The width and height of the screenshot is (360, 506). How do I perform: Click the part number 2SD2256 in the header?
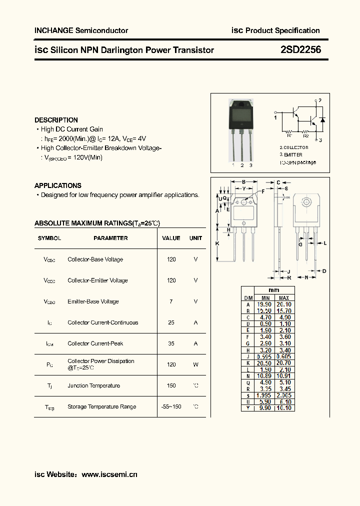pyautogui.click(x=300, y=49)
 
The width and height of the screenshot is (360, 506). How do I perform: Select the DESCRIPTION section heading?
pyautogui.click(x=56, y=120)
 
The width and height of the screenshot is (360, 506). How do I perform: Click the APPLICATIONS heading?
pyautogui.click(x=58, y=185)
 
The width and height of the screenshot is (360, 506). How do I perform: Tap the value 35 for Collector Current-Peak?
pyautogui.click(x=171, y=343)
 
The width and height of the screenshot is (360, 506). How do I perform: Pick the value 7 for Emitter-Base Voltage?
pyautogui.click(x=171, y=301)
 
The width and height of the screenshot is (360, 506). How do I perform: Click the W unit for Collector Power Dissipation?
pyautogui.click(x=195, y=364)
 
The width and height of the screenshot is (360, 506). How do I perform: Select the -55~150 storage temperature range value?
pyautogui.click(x=171, y=406)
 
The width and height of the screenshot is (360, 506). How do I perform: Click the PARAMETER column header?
pyautogui.click(x=110, y=238)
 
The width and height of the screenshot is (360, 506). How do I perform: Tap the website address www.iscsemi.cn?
pyautogui.click(x=109, y=474)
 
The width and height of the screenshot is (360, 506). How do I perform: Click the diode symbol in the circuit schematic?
pyautogui.click(x=322, y=120)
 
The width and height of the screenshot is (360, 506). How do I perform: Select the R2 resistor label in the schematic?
pyautogui.click(x=306, y=135)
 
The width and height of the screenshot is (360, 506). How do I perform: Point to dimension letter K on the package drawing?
pyautogui.click(x=217, y=243)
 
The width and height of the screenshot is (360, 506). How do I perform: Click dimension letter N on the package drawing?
pyautogui.click(x=306, y=276)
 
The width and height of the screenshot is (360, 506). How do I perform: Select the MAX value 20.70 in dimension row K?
pyautogui.click(x=284, y=362)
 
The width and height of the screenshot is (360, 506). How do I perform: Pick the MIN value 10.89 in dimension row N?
pyautogui.click(x=264, y=375)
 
